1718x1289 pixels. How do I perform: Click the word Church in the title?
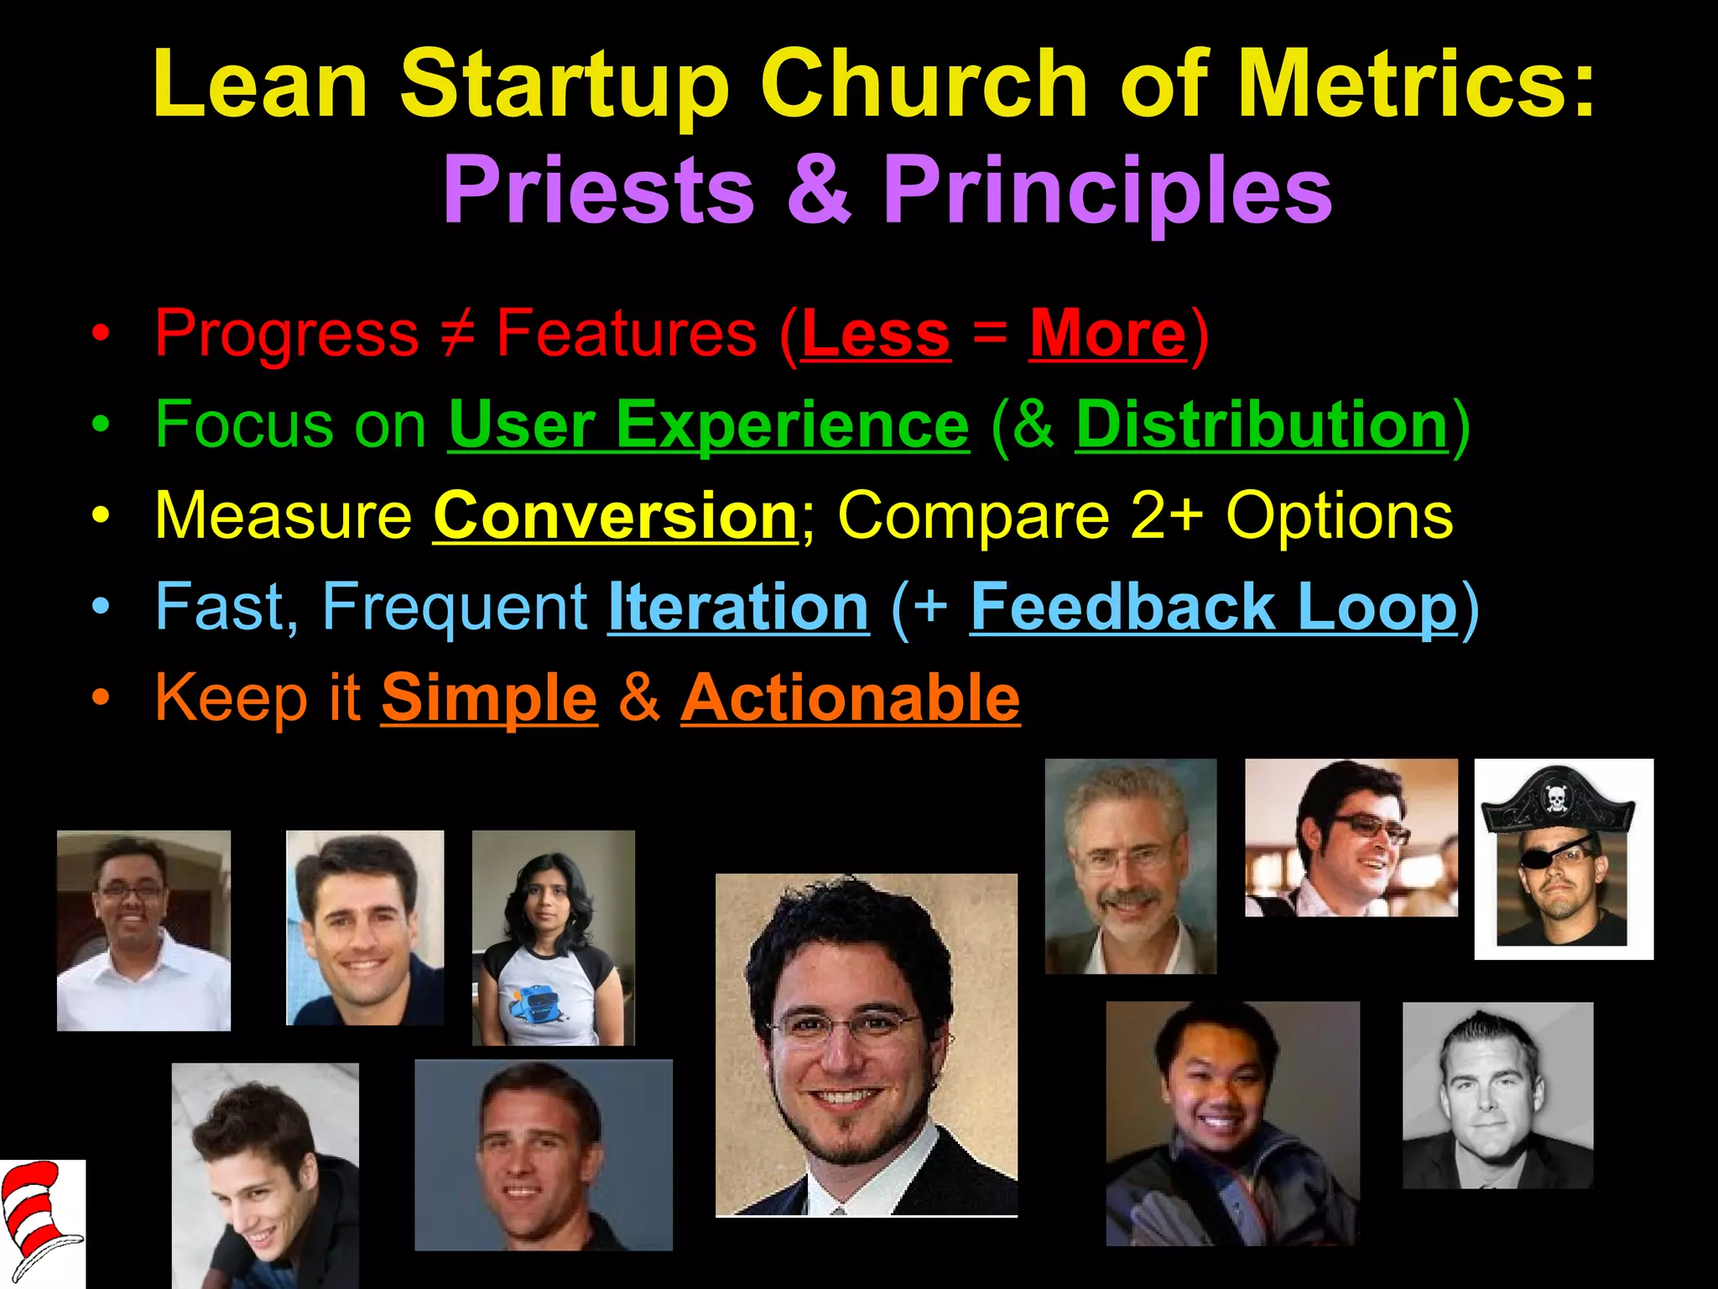pos(924,84)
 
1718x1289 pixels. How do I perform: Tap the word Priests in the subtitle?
pos(598,190)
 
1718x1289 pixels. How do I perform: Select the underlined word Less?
pos(876,334)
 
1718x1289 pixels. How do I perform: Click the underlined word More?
pos(1107,334)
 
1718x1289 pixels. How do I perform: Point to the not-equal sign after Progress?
pos(458,334)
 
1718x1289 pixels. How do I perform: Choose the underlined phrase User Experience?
pos(709,425)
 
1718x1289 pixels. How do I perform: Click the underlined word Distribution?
pos(1262,425)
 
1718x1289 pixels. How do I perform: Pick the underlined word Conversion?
pos(616,515)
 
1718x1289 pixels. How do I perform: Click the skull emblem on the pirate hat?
pos(1554,798)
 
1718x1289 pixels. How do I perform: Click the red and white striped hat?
pos(38,1217)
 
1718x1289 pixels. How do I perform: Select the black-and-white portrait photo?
pos(1497,1095)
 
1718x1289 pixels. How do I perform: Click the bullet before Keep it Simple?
pos(101,698)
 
